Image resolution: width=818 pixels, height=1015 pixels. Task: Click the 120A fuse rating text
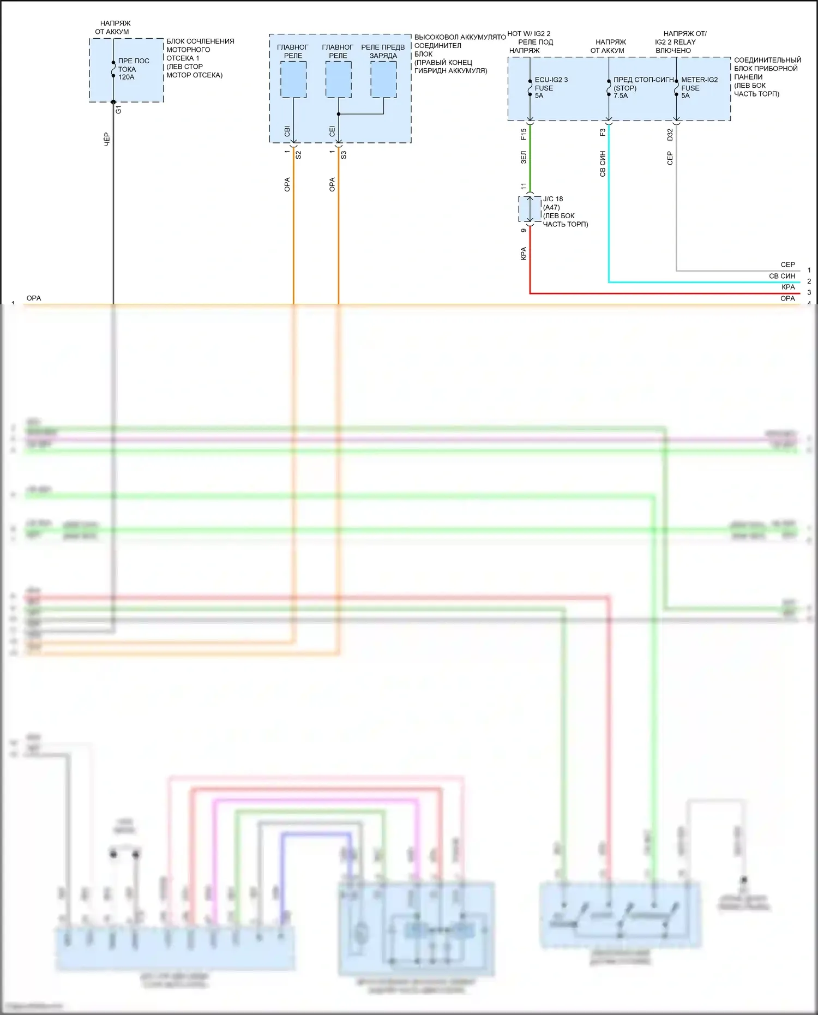point(127,77)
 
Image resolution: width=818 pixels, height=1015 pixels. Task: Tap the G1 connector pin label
point(119,110)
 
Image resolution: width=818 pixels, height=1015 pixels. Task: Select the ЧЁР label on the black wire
point(107,139)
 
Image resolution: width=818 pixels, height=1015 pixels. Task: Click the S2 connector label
point(298,155)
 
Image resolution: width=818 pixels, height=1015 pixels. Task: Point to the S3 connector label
point(344,155)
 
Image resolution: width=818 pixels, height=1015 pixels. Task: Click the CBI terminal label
point(287,131)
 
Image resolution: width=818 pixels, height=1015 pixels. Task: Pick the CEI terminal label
point(332,131)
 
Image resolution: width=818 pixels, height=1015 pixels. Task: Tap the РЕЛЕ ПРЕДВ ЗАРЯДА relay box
point(383,80)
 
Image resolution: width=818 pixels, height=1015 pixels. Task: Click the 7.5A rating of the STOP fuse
point(621,96)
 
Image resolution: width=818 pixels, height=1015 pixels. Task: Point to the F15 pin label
point(524,134)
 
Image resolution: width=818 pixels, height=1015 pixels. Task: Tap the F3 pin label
point(603,132)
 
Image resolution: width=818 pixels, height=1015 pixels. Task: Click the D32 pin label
point(670,134)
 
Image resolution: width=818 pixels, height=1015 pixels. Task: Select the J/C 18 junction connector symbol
point(530,209)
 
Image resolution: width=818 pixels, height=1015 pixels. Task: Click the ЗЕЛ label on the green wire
point(524,158)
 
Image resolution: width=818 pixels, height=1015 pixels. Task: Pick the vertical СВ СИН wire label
point(603,164)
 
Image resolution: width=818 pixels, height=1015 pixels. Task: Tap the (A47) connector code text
point(551,207)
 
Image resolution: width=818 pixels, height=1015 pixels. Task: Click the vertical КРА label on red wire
point(524,254)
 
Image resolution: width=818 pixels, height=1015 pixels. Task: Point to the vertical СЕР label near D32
point(670,158)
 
